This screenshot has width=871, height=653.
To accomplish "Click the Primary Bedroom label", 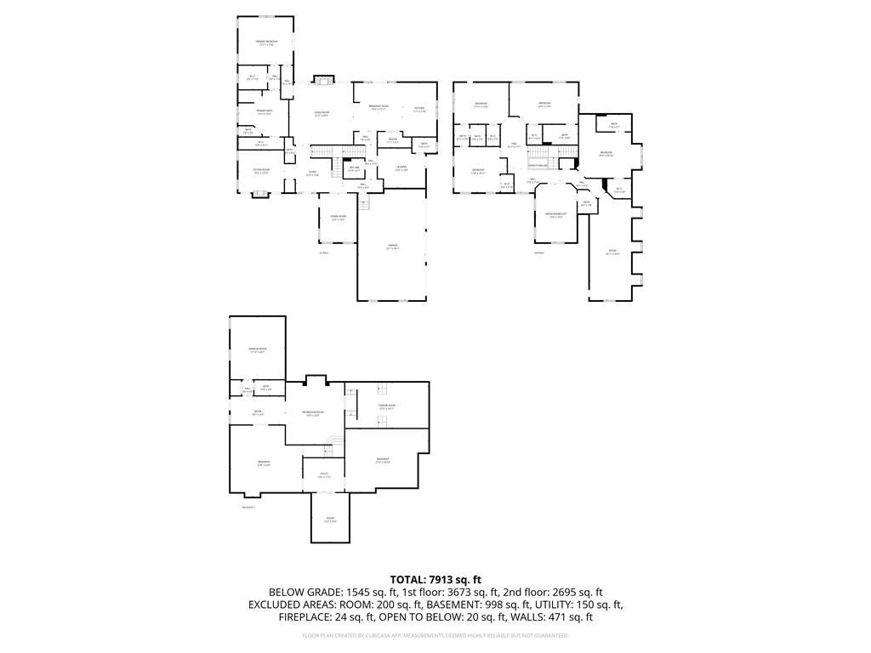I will point(266,42).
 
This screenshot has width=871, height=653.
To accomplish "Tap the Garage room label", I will point(392,247).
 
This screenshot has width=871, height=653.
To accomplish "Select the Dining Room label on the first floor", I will point(338,217).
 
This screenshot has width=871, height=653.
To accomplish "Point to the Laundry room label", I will point(401,167).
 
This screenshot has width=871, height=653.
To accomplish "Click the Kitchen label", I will point(419,108).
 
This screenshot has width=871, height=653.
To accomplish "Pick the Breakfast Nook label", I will point(378,106).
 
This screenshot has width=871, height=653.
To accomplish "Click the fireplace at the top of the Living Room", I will point(322,81).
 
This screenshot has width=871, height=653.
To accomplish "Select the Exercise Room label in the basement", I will point(257,349).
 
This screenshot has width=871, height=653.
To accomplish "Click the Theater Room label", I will point(388,406).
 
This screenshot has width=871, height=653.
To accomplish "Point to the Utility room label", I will point(324,474).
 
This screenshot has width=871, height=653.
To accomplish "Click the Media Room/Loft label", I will point(555,214).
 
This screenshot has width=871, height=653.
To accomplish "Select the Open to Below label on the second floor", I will point(538,165).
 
